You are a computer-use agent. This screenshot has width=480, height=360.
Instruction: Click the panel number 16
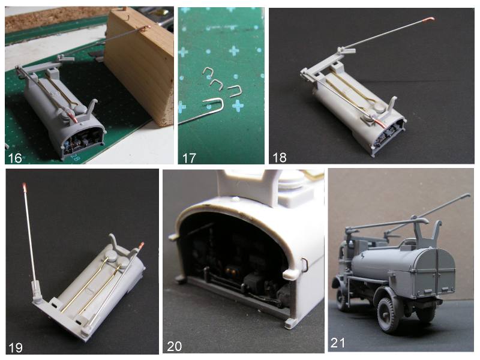click(x=14, y=158)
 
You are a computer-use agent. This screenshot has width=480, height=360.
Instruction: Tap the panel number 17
click(x=189, y=158)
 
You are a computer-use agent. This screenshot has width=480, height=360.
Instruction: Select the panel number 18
click(x=279, y=157)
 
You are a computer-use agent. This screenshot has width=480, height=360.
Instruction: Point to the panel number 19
click(x=16, y=347)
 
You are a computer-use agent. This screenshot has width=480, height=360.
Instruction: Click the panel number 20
click(x=174, y=346)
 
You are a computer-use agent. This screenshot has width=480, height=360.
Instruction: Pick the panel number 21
click(x=338, y=343)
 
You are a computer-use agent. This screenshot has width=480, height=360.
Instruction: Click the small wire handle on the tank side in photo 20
click(x=304, y=265)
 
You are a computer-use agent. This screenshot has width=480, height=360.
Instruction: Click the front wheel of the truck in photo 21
click(x=340, y=298)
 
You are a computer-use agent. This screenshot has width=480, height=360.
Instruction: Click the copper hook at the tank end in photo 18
click(x=379, y=123)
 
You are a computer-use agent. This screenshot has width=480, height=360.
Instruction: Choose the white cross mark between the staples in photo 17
click(x=237, y=106)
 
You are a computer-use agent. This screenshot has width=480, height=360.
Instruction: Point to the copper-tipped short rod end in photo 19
click(x=141, y=245)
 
